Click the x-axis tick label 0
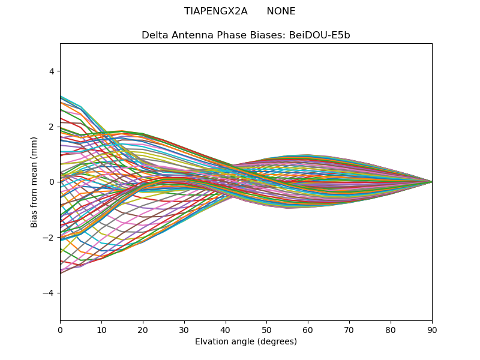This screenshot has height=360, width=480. pos(60,329)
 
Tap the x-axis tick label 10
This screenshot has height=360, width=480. pos(101,329)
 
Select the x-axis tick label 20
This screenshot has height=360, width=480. pos(143,329)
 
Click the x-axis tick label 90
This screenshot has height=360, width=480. pos(432,329)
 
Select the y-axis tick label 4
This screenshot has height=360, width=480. pos(52,71)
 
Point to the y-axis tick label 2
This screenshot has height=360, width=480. pos(52,127)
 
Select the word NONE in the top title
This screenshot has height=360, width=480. pos(281,11)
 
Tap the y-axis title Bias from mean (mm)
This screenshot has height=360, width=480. pos(35,182)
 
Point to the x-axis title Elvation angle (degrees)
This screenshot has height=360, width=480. pos(246,342)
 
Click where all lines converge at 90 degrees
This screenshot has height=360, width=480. pos(432,182)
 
